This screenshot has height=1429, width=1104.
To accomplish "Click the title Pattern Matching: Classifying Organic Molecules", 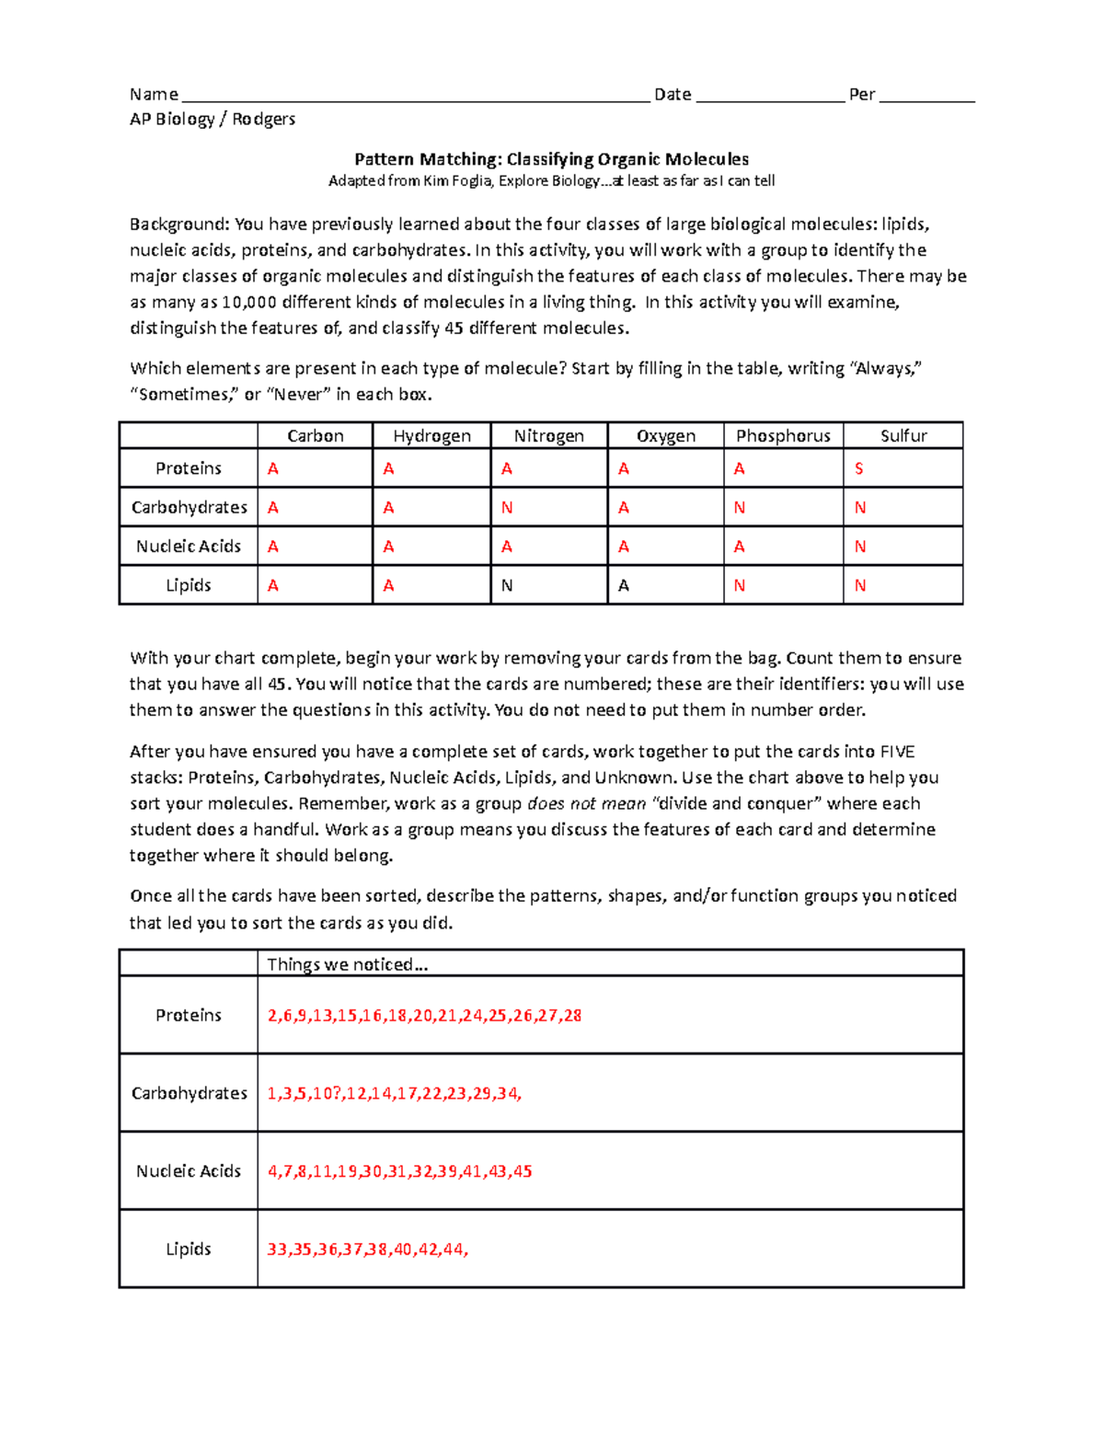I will click(552, 159).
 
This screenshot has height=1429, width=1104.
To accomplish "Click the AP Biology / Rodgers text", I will click(213, 119).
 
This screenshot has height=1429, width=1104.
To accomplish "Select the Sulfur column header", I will click(903, 436).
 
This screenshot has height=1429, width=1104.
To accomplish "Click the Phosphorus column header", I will click(783, 436).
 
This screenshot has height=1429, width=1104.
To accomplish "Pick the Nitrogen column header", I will click(548, 436).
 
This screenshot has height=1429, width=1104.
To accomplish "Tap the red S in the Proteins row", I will click(859, 469).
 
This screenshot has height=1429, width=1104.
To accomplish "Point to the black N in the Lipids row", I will click(507, 585).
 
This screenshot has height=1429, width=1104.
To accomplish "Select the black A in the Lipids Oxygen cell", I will click(624, 585).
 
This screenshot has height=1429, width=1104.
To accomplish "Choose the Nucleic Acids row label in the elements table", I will click(189, 547).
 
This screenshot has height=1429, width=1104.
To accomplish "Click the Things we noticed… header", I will click(347, 964).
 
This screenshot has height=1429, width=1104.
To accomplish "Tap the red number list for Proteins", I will click(424, 1016).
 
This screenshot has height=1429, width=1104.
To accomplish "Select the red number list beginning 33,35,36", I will click(367, 1250).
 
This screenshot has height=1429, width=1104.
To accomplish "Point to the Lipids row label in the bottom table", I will click(189, 1250).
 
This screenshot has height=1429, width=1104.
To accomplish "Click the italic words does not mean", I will click(586, 804).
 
